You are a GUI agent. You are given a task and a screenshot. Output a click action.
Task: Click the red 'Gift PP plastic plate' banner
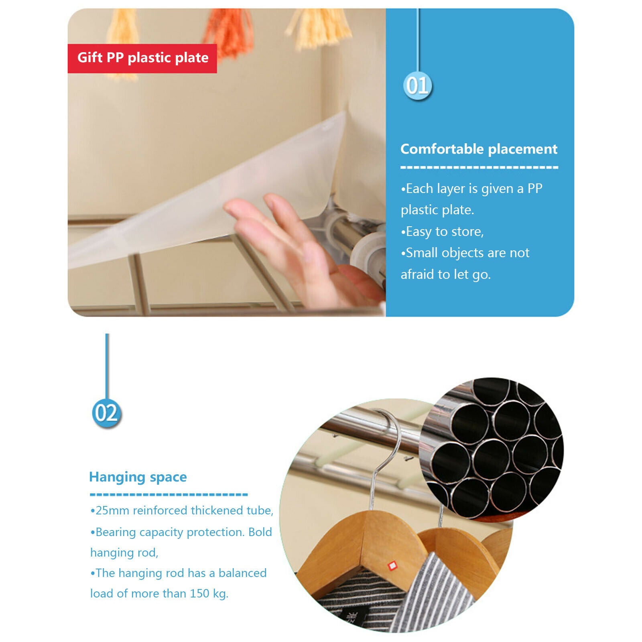point(142,58)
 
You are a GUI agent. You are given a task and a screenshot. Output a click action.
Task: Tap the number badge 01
point(418,85)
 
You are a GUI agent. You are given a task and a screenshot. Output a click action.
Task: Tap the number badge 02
point(106,413)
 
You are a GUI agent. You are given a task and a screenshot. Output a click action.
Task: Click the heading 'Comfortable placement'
point(479,149)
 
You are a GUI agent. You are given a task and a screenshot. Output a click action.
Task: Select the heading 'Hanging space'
point(138,477)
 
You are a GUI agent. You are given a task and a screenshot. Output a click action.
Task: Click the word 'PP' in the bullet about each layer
point(535,188)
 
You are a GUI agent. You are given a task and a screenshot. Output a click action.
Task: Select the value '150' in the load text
point(199,593)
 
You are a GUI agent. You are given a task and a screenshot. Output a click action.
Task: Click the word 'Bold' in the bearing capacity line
point(260,532)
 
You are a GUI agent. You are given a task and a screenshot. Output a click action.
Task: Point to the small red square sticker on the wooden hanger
point(392,566)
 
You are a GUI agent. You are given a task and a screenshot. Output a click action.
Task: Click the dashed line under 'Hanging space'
point(169,494)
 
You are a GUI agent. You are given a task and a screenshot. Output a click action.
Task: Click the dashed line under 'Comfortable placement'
point(479,167)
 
